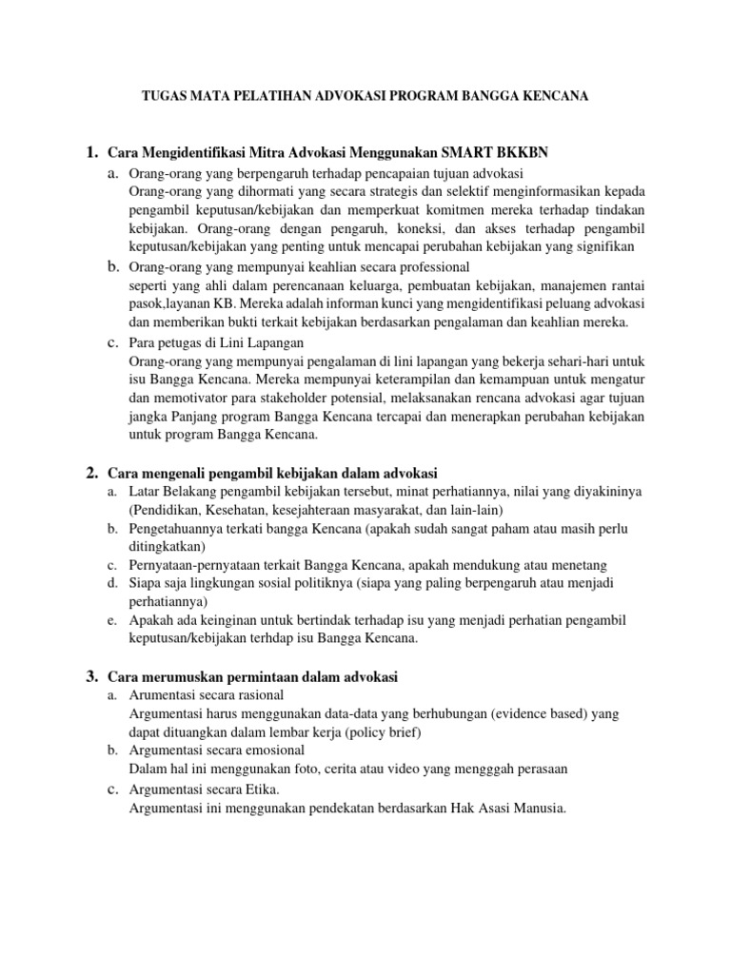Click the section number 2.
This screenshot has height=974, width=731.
pyautogui.click(x=91, y=473)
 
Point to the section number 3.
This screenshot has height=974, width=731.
pyautogui.click(x=91, y=676)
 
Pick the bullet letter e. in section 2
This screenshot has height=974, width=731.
pyautogui.click(x=112, y=620)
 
